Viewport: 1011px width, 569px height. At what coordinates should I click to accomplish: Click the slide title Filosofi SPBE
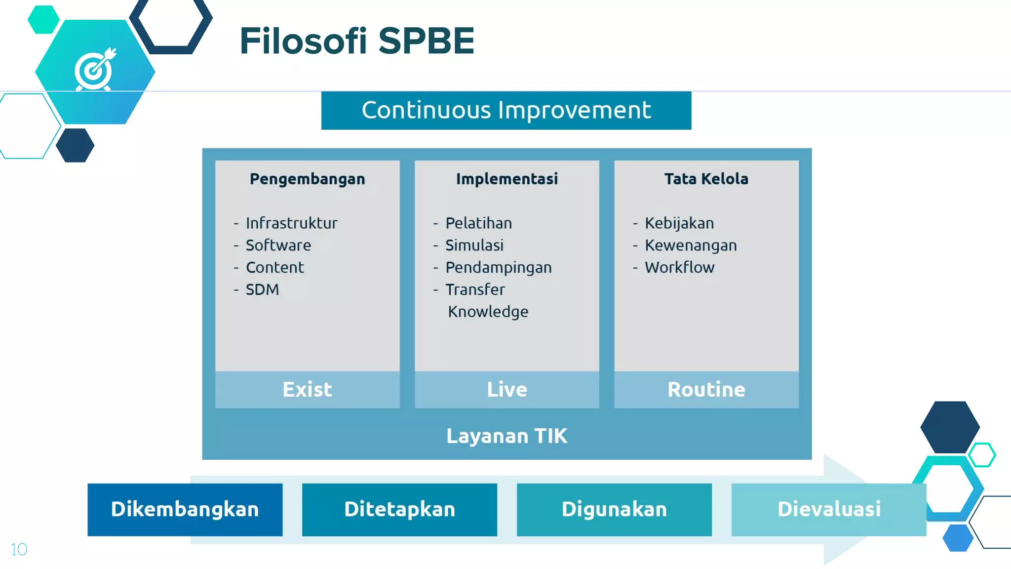[x=356, y=41]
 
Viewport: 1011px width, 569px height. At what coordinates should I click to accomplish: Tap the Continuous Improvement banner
[x=506, y=110]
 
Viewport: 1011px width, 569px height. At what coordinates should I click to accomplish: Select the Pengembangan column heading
[x=307, y=179]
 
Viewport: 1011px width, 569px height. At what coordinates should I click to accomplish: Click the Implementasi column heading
[x=506, y=179]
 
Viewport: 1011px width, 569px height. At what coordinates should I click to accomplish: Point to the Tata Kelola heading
[x=706, y=179]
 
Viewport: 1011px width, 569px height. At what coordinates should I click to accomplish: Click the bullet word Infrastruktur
[x=291, y=223]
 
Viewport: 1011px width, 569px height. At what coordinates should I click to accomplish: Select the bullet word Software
[x=278, y=245]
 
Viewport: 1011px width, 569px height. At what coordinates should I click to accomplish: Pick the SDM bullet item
[x=262, y=289]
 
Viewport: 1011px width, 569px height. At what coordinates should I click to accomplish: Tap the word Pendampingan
[x=498, y=268]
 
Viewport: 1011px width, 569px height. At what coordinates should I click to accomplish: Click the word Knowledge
[x=488, y=312]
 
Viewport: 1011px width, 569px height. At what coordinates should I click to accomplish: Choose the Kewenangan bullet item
[x=690, y=245]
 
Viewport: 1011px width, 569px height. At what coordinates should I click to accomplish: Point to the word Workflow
[x=679, y=268]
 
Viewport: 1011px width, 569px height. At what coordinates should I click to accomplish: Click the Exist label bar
[x=307, y=390]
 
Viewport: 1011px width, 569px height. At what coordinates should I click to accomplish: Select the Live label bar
[x=506, y=390]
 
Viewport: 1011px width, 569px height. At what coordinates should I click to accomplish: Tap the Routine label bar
[x=706, y=390]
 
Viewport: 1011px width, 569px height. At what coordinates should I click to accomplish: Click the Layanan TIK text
[x=506, y=436]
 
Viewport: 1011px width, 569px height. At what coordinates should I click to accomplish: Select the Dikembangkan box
[x=185, y=509]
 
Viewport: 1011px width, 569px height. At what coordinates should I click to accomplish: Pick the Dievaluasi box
[x=828, y=509]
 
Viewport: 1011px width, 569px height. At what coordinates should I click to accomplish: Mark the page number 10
[x=19, y=549]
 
